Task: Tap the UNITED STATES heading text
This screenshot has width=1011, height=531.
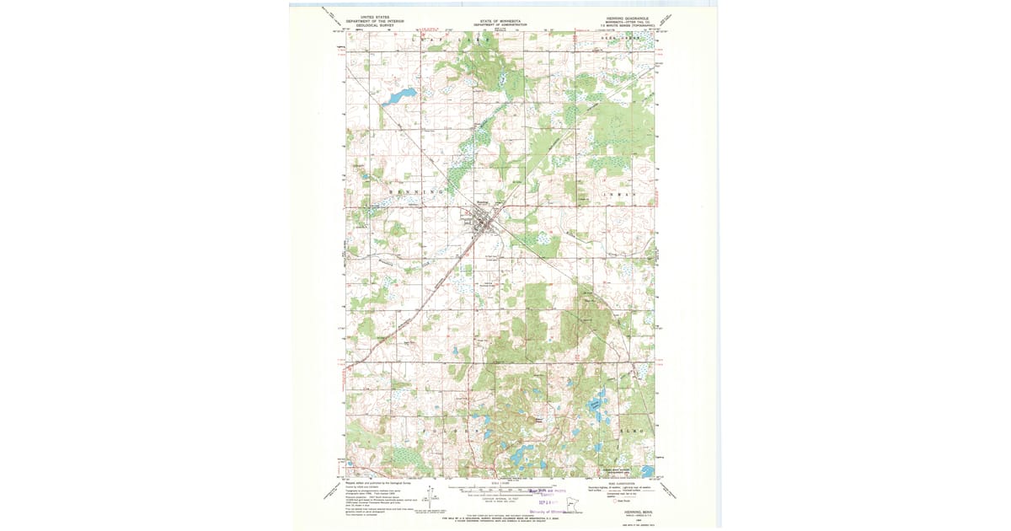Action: [375, 16]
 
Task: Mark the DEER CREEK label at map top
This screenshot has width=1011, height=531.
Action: [614, 38]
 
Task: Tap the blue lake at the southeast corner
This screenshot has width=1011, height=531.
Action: [646, 471]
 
